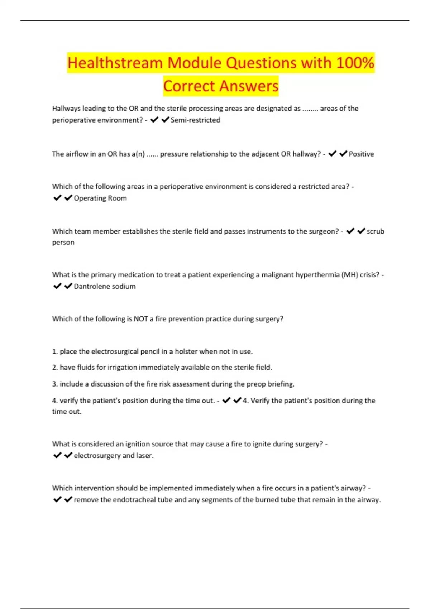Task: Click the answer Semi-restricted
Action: coord(195,120)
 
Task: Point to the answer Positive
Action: coord(361,154)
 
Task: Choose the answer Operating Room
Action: coord(100,198)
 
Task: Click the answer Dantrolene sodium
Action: coord(105,286)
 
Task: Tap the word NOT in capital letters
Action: coord(141,319)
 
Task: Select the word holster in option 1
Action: coord(186,351)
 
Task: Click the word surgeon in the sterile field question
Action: coord(322,231)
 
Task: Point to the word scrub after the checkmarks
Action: coord(375,231)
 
